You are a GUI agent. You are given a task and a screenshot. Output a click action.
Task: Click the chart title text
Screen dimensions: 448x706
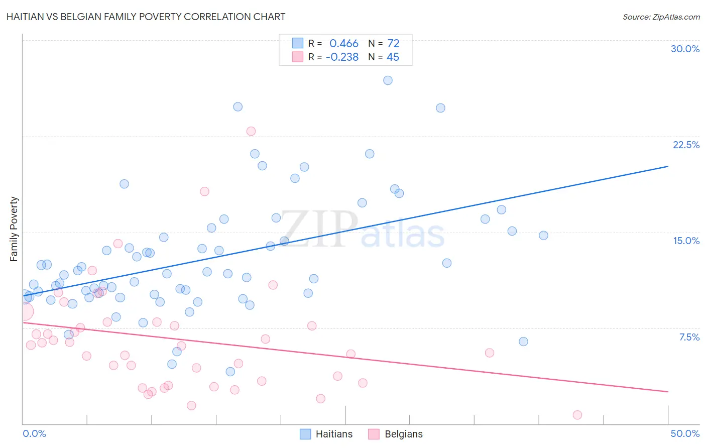(146, 17)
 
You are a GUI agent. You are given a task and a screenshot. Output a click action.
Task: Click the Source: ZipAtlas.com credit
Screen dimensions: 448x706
(661, 17)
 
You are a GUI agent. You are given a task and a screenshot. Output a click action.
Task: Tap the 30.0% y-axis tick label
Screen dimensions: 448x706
(685, 49)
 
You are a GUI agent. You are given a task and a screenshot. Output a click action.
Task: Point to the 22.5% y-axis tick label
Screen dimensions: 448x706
(686, 145)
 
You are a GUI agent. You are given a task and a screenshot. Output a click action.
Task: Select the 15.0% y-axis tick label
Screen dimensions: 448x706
(686, 241)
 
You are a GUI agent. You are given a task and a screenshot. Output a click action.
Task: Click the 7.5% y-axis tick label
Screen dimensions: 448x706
(689, 337)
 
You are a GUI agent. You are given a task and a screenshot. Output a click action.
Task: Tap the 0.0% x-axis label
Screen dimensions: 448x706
(34, 433)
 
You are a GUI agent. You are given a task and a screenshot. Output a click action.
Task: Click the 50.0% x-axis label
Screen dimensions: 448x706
(685, 433)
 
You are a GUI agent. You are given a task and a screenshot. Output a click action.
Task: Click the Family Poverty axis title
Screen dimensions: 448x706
(14, 229)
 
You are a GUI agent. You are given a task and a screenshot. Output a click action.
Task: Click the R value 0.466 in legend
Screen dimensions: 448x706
(344, 44)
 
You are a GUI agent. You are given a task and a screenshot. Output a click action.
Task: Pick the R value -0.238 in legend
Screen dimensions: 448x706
(342, 57)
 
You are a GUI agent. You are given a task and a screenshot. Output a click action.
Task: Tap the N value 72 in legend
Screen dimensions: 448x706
(393, 44)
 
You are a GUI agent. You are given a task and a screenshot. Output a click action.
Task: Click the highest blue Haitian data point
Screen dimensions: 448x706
(388, 80)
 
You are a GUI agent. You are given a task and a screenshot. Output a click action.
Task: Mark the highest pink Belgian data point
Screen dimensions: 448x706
(251, 131)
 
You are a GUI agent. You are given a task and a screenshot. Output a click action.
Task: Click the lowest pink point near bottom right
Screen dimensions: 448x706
(577, 415)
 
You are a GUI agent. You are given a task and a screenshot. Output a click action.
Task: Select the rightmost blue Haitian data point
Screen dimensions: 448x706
(543, 236)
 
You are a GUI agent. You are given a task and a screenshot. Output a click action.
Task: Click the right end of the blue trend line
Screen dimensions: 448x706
(668, 166)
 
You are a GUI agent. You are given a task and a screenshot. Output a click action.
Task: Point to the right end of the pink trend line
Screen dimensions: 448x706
(668, 391)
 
